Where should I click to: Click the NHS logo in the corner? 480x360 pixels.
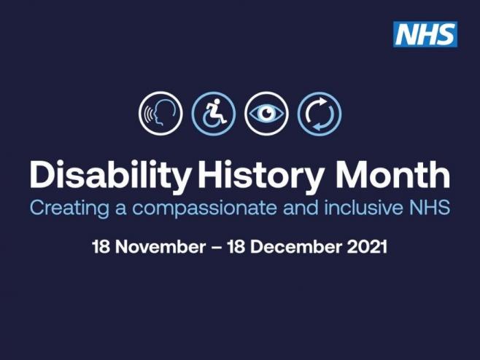pyautogui.click(x=425, y=34)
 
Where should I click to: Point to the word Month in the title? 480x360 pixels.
pyautogui.click(x=392, y=174)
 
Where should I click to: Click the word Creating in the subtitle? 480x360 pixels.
pyautogui.click(x=69, y=208)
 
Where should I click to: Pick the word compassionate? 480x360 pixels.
pyautogui.click(x=204, y=208)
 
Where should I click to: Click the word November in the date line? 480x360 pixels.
pyautogui.click(x=160, y=247)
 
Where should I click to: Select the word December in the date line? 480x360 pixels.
pyautogui.click(x=296, y=247)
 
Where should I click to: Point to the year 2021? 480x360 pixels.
pyautogui.click(x=367, y=247)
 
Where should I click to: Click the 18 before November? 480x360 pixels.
pyautogui.click(x=101, y=247)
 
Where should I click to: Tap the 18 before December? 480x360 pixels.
pyautogui.click(x=236, y=247)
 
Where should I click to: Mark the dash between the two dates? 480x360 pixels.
pyautogui.click(x=217, y=248)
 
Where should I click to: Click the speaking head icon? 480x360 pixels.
pyautogui.click(x=160, y=113)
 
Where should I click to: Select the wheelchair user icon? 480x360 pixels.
pyautogui.click(x=214, y=113)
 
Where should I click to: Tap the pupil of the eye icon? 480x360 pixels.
pyautogui.click(x=266, y=113)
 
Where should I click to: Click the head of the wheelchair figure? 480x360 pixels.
pyautogui.click(x=217, y=101)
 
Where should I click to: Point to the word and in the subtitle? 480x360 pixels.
pyautogui.click(x=301, y=207)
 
